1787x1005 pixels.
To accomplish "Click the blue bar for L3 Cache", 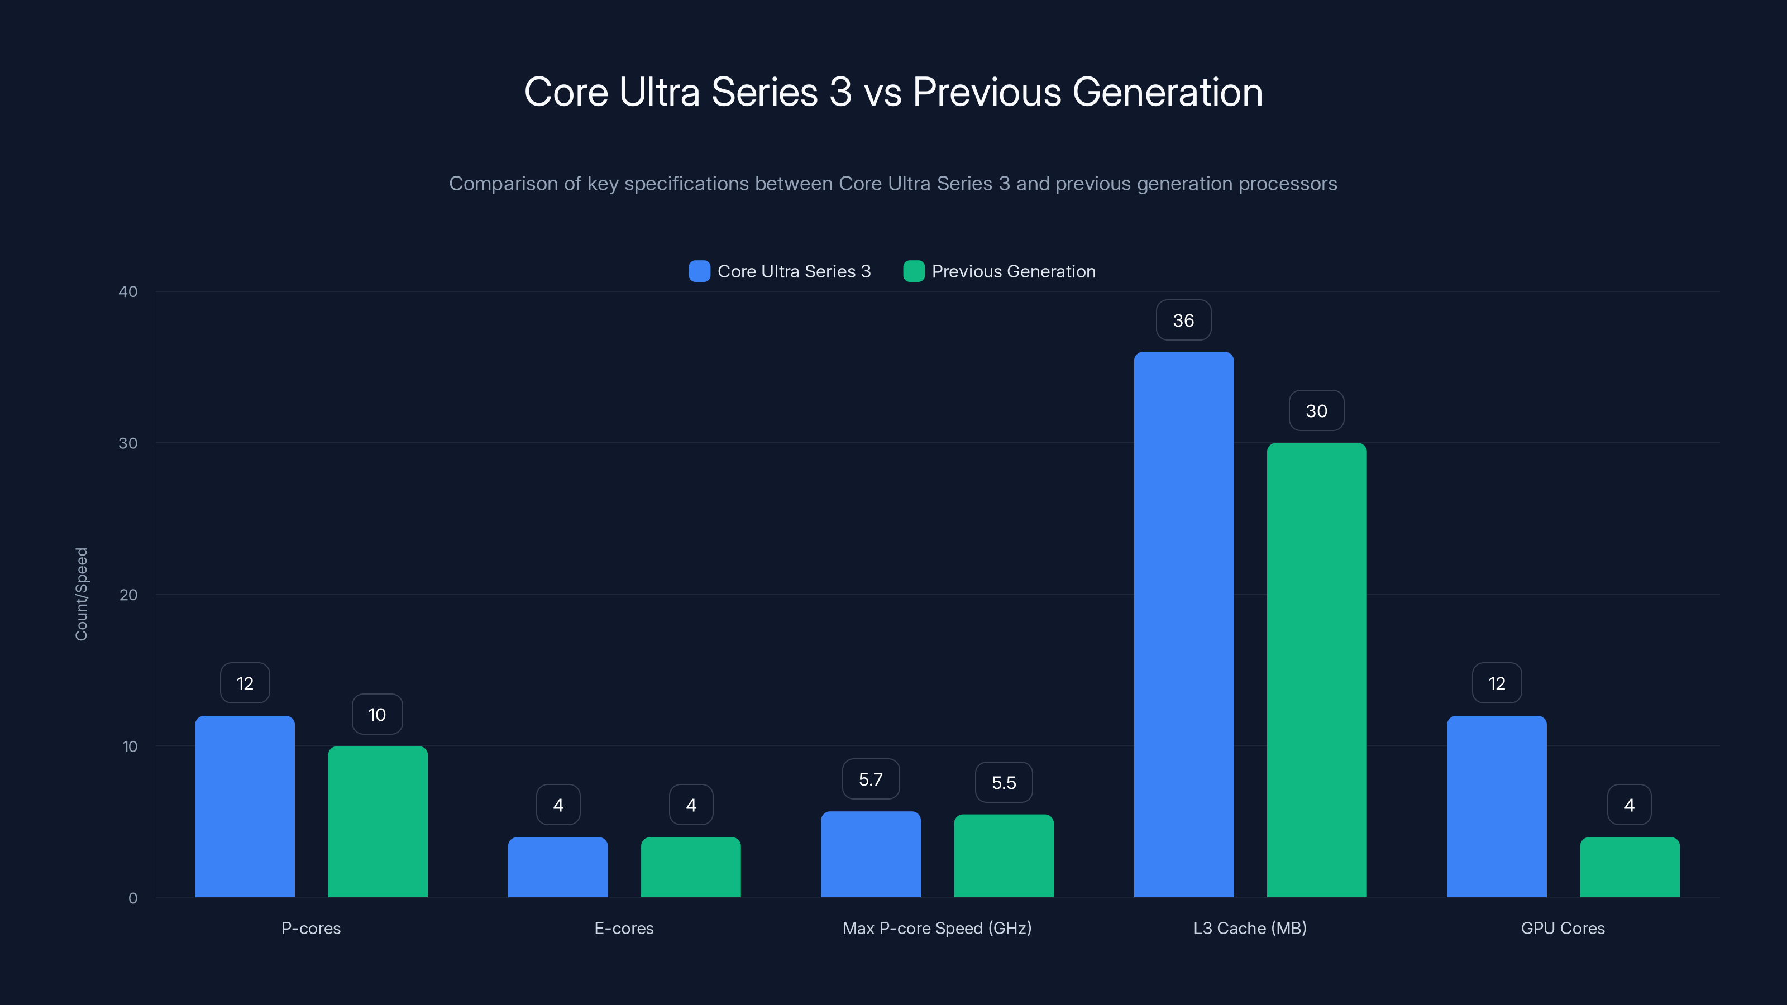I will (x=1183, y=624).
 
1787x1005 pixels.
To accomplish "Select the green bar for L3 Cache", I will (x=1316, y=669).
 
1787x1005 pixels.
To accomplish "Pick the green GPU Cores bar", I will (x=1629, y=867).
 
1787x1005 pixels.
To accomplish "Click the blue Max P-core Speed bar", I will (x=870, y=854).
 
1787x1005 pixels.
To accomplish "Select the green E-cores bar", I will (x=690, y=867).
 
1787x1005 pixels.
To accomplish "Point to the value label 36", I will (x=1183, y=320).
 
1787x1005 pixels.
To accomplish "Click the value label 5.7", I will (x=870, y=779).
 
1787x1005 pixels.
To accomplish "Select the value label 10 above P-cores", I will (x=377, y=715).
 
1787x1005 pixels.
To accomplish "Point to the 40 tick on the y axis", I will (x=128, y=291).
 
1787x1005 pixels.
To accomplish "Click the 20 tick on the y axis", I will (x=128, y=595).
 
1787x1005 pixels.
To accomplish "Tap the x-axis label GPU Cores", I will (x=1563, y=928).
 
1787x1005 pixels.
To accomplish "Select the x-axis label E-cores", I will (x=624, y=928).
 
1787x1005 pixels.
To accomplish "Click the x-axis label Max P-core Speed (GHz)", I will (x=936, y=928).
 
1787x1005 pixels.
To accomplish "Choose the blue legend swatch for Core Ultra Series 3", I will (x=699, y=271).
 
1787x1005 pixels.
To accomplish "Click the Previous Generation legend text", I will (x=1013, y=271).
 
